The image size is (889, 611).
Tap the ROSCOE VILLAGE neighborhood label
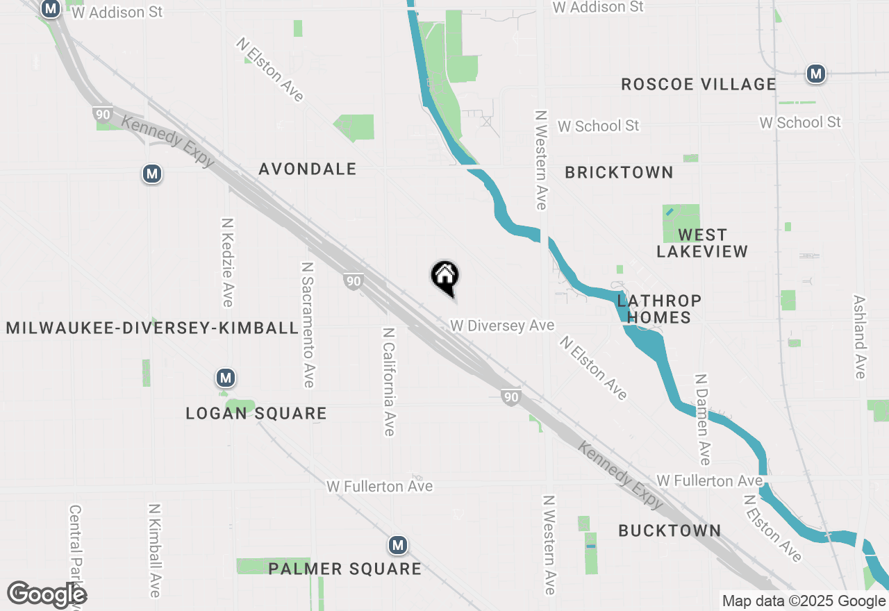698,85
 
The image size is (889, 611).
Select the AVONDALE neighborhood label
308,169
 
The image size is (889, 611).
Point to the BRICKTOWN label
619,173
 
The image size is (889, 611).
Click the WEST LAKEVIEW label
702,243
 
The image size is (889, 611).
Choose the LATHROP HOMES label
659,309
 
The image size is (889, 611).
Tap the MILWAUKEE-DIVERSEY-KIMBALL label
152,328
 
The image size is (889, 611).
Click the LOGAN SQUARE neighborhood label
256,414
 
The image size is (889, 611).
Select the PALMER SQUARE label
345,569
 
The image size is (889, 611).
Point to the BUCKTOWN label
670,531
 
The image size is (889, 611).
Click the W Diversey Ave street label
502,326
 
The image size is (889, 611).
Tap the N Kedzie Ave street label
227,262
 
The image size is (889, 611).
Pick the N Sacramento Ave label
308,324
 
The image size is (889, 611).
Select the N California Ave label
388,382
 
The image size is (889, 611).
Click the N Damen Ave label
703,420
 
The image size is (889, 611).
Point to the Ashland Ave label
860,337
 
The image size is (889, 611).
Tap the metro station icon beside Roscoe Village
815,74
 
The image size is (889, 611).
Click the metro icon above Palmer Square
397,546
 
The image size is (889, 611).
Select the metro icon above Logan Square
224,378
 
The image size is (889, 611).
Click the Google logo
47,595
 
